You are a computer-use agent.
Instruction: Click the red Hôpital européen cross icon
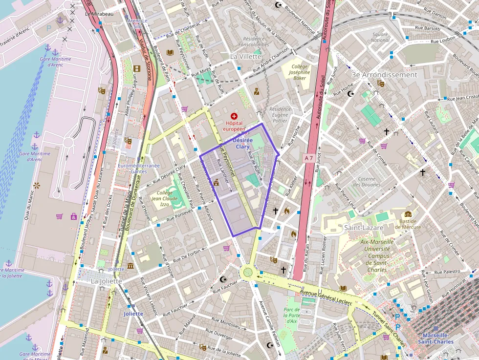tap(235, 116)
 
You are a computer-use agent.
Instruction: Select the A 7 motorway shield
tap(308, 158)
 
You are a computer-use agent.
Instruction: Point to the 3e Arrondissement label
tap(384, 75)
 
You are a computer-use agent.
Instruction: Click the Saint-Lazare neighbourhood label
tap(363, 228)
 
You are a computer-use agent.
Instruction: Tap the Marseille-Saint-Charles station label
tap(435, 339)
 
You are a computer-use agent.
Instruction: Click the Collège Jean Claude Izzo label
tap(164, 199)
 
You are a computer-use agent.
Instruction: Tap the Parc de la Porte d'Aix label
tap(291, 315)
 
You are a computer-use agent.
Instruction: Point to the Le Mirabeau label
tap(99, 14)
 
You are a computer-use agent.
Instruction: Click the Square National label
tap(380, 37)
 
